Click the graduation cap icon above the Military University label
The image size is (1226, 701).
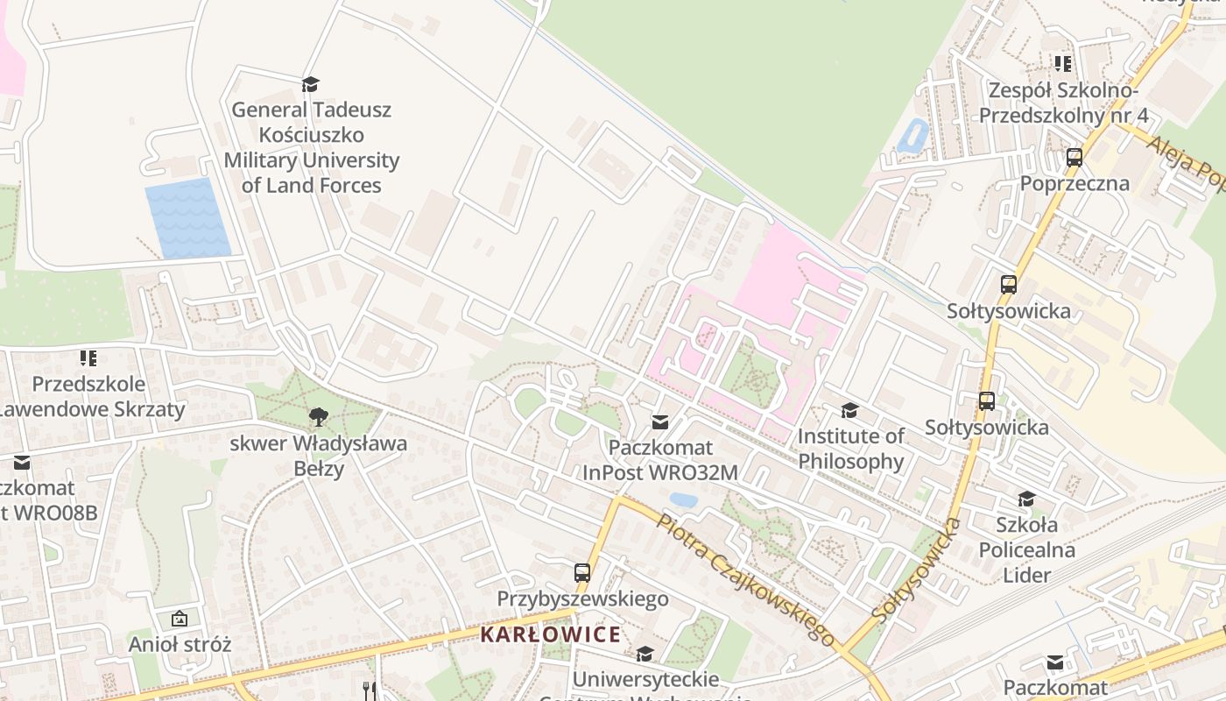(x=310, y=84)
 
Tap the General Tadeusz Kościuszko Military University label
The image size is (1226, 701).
(x=311, y=147)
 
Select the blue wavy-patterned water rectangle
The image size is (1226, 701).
(x=187, y=218)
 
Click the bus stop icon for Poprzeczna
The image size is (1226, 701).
(x=1074, y=158)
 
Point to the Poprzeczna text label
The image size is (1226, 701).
(x=1074, y=184)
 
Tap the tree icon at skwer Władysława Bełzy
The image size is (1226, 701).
(x=318, y=415)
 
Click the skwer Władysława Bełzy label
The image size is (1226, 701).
(x=318, y=456)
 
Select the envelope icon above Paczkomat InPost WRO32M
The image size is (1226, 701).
(x=660, y=422)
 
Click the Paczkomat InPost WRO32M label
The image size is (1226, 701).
(x=660, y=460)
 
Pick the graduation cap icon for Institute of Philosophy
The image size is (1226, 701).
(x=849, y=410)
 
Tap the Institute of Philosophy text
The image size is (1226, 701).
(x=850, y=449)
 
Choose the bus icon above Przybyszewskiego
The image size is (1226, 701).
(x=582, y=573)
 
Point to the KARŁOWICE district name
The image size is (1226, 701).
(x=551, y=634)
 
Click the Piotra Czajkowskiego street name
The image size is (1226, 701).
(x=744, y=580)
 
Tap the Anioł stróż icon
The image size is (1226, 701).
(x=180, y=619)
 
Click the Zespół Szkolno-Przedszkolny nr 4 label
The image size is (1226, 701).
(x=1063, y=103)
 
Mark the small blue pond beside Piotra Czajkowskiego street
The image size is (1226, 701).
(x=683, y=500)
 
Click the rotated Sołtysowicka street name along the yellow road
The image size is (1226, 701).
(x=917, y=570)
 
